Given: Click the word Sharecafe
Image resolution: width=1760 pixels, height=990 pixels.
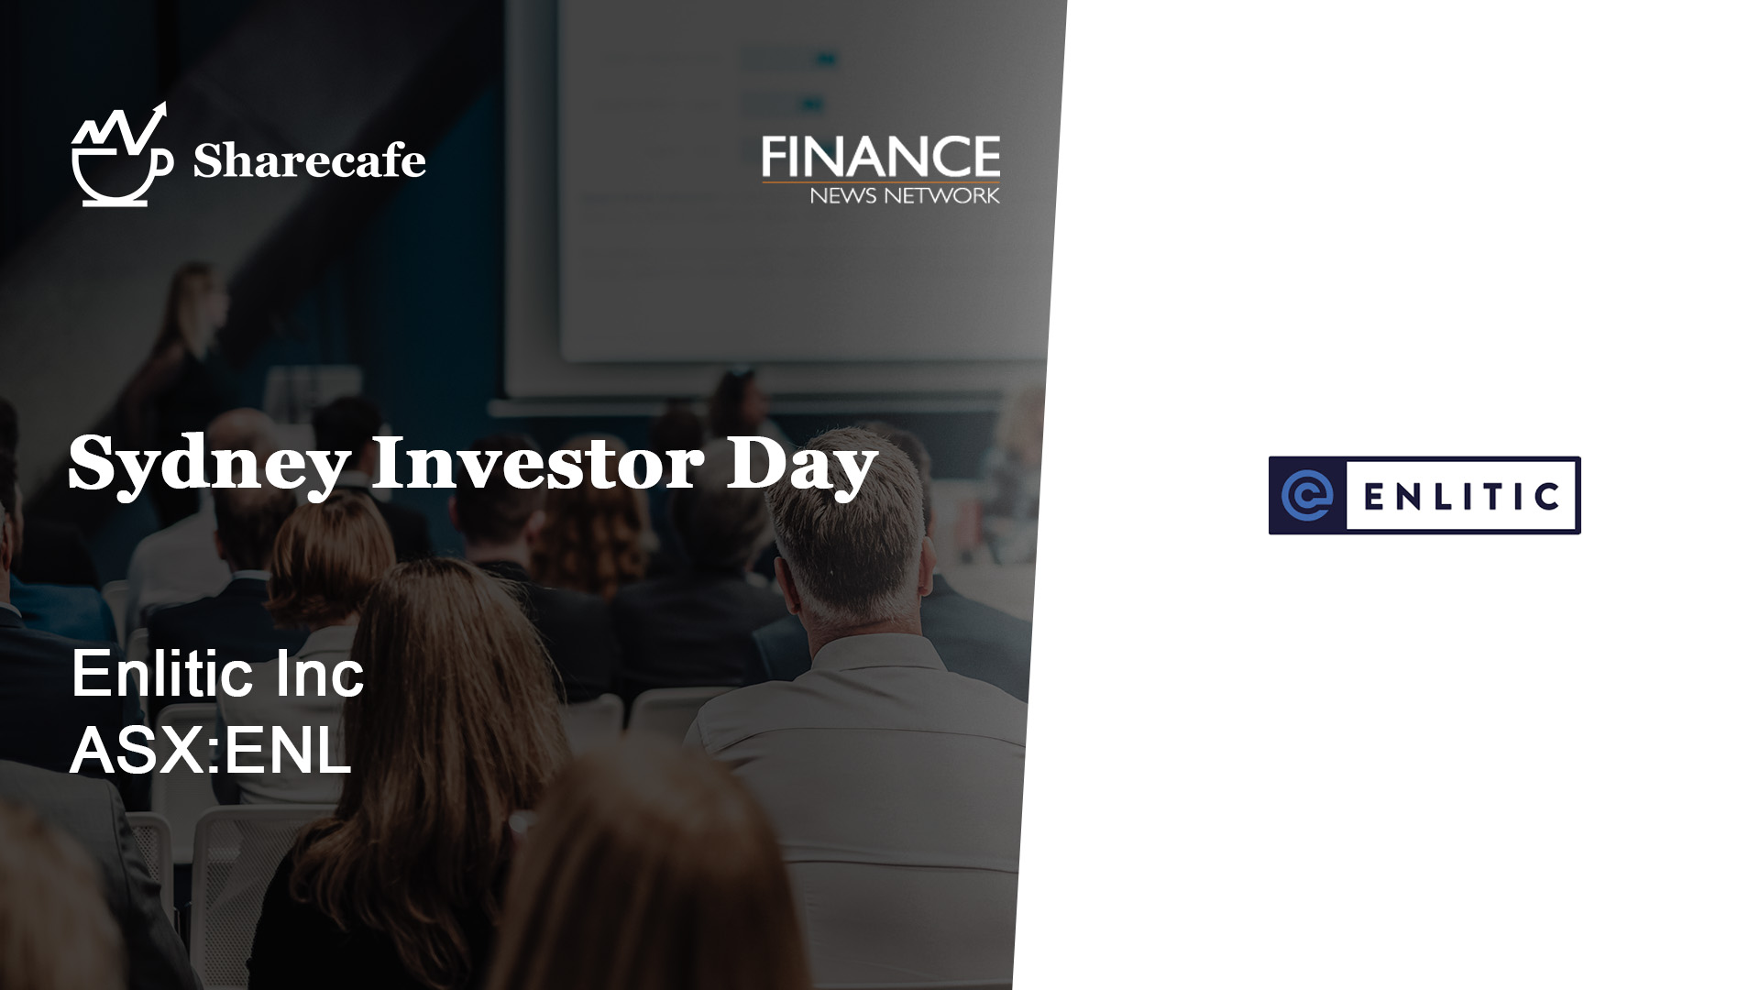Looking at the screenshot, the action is tap(309, 161).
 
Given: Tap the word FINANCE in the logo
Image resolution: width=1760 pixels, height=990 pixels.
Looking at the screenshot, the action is tap(881, 157).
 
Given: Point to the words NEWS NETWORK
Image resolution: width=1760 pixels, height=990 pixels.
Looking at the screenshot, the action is tap(904, 194).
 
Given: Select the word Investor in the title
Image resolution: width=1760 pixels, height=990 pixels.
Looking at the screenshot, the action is tap(536, 463).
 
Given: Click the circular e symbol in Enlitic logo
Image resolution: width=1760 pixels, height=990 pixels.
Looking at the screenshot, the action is tap(1307, 495).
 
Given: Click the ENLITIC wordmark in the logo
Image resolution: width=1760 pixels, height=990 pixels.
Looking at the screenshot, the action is tap(1461, 496).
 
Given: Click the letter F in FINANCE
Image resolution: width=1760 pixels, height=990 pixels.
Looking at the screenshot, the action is tap(775, 157).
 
